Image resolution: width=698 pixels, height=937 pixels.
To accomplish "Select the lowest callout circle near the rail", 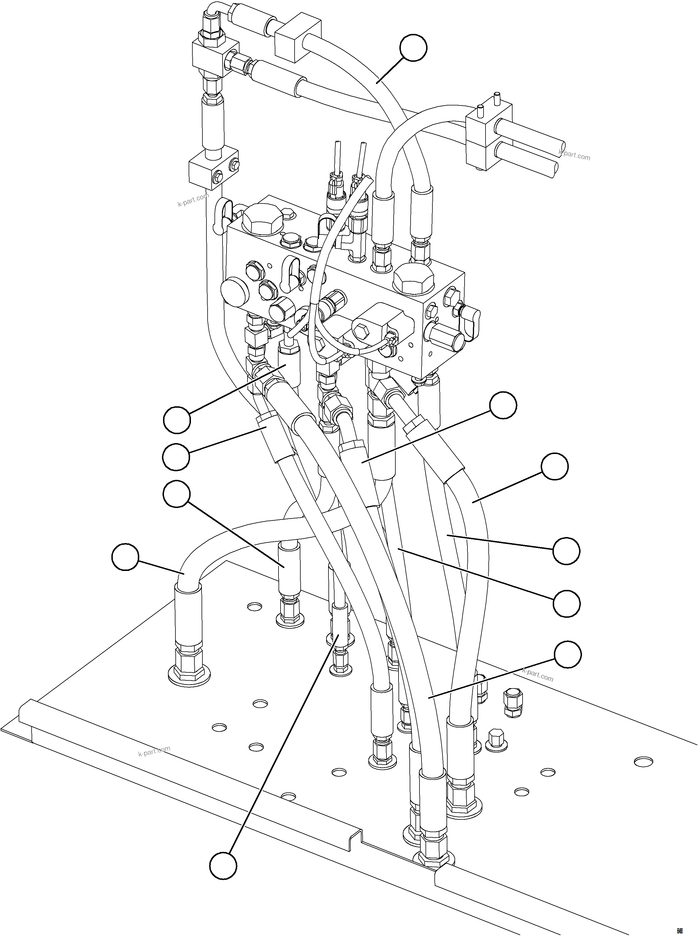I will (223, 866).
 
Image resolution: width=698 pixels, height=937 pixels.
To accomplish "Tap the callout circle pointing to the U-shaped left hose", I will (125, 557).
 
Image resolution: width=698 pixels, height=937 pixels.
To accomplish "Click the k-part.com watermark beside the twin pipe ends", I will (574, 155).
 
